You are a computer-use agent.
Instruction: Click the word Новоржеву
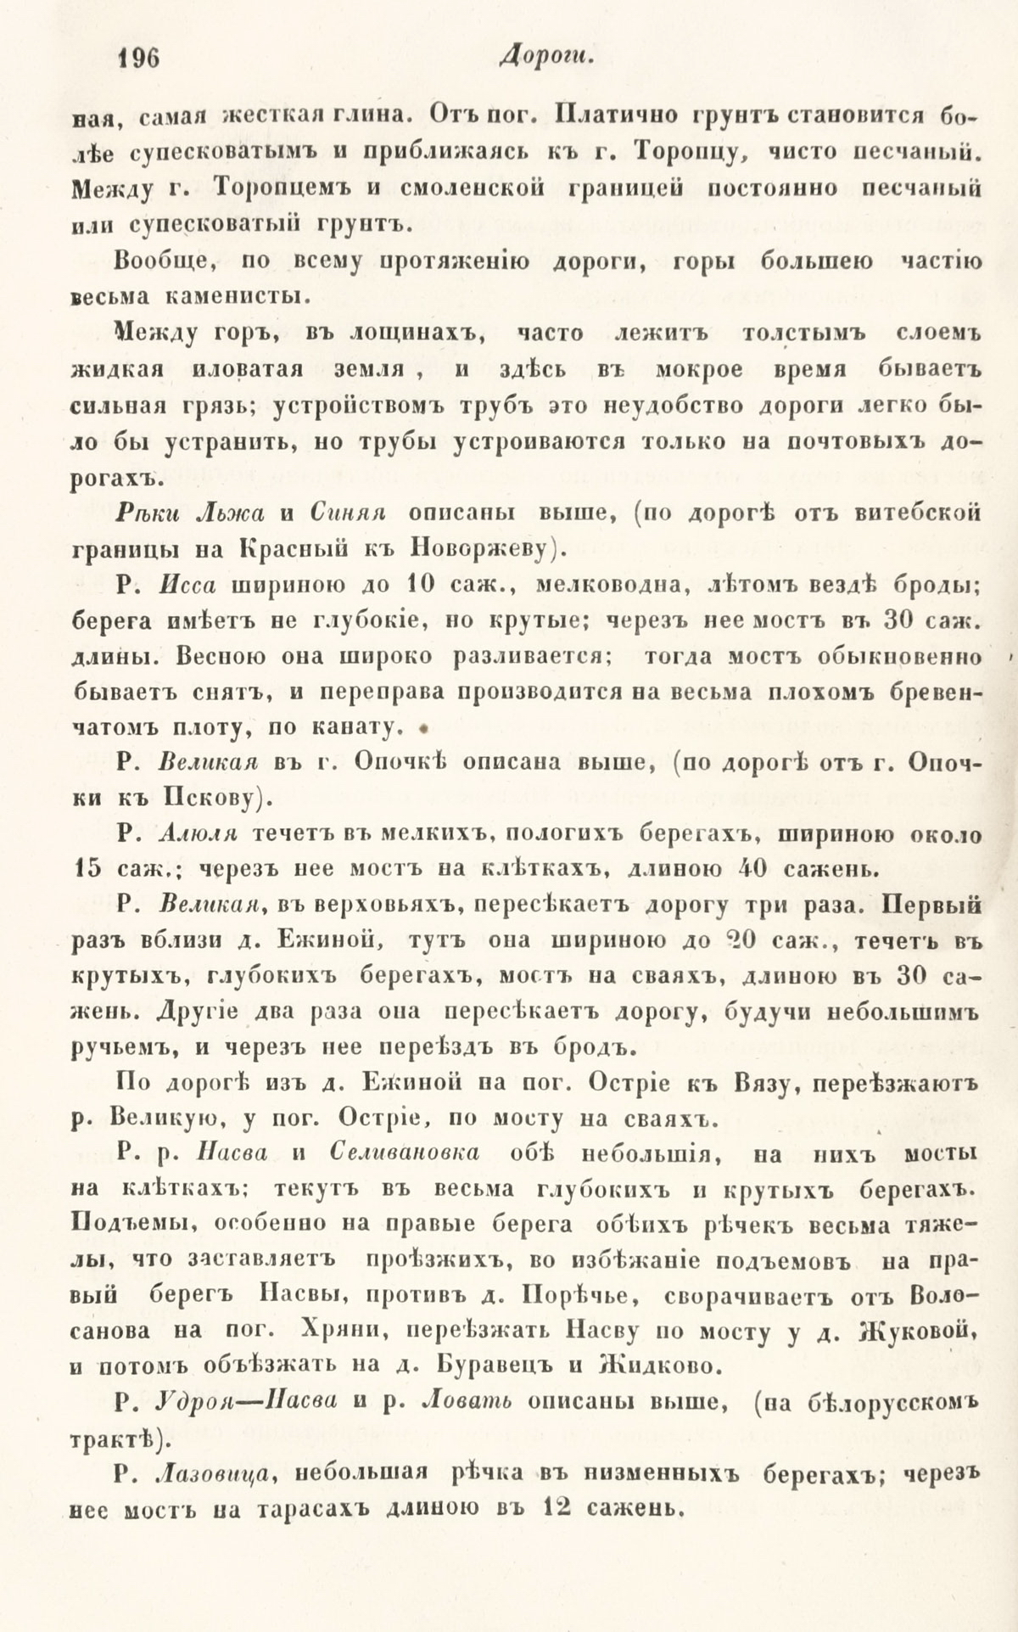tap(481, 549)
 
